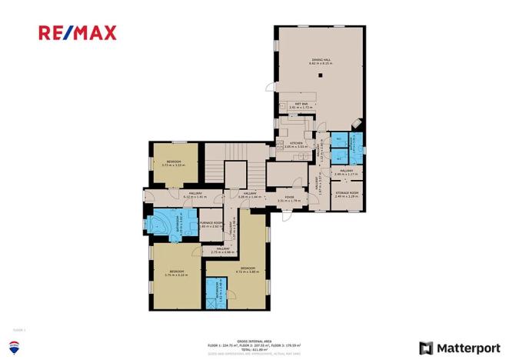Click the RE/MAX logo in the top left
[x=78, y=32]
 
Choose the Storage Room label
[x=347, y=194]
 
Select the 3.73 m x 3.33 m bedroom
[x=171, y=163]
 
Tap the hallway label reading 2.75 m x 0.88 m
[x=223, y=250]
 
